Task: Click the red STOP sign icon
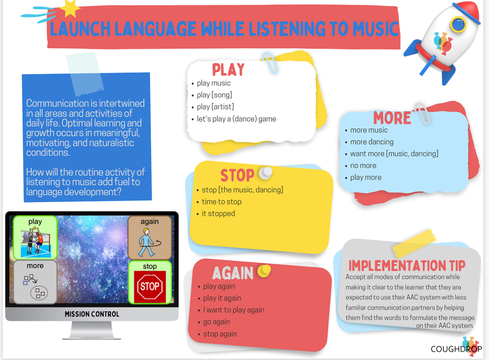pos(150,286)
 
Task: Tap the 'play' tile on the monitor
pos(35,237)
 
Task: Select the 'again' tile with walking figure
pos(149,237)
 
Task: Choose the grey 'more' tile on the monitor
pos(35,282)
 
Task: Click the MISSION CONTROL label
pos(92,314)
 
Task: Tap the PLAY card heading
pos(228,69)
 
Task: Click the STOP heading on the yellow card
pos(237,175)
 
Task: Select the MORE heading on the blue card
pos(392,118)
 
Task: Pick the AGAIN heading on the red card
pos(233,273)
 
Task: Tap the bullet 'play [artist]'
pos(215,107)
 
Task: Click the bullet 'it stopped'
pos(218,213)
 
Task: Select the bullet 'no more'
pos(363,165)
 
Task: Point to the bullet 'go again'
pos(217,322)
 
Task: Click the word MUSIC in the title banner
pos(374,29)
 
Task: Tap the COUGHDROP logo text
pos(456,349)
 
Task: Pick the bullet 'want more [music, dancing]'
pos(394,154)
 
